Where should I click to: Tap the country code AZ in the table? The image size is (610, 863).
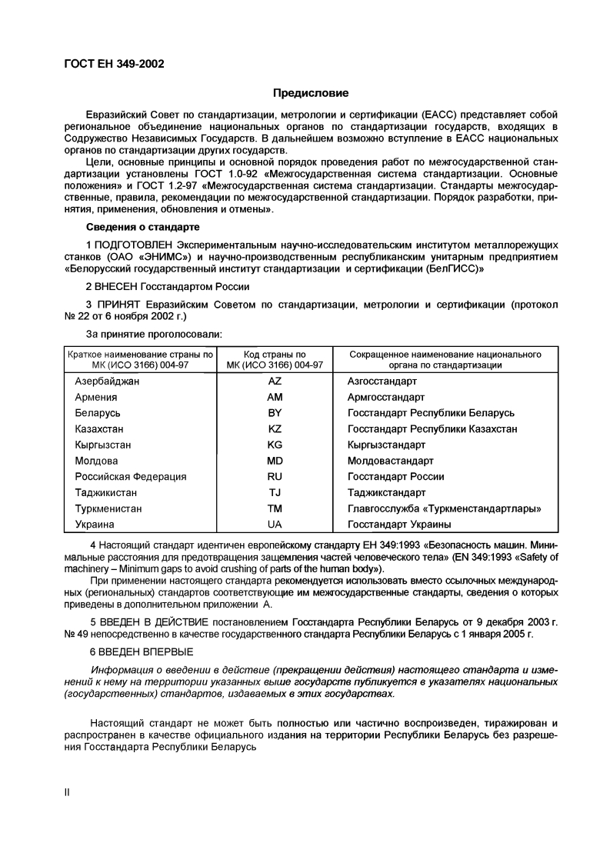[x=275, y=382]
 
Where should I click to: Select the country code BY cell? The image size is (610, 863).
[x=275, y=413]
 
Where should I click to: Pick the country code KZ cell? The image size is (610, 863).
[x=275, y=429]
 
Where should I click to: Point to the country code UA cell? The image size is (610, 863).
[x=275, y=525]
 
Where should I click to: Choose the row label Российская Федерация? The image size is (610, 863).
[x=131, y=477]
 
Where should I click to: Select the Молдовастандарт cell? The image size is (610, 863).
[x=391, y=461]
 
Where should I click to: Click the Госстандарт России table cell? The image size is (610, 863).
[x=396, y=477]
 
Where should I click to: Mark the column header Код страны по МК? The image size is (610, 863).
[x=275, y=359]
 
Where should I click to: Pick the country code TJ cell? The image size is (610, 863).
[x=275, y=493]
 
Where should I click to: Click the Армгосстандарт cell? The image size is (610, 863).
[x=386, y=398]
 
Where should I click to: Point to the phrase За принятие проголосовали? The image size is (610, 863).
[x=156, y=335]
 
